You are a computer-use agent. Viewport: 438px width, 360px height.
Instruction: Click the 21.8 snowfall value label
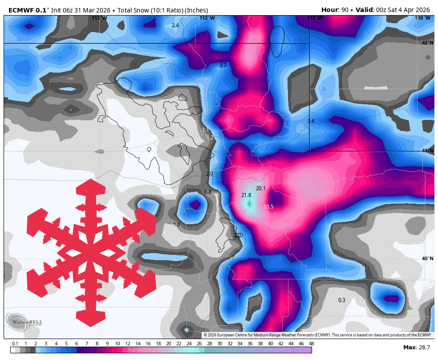(246, 195)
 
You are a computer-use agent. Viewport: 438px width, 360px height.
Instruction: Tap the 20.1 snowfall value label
(260, 188)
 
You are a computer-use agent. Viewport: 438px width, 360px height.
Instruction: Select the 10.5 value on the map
(268, 207)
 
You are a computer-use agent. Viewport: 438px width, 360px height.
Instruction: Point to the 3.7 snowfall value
(223, 65)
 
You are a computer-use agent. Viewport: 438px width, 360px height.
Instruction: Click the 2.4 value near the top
(175, 25)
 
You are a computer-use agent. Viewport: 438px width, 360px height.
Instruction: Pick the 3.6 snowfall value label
(311, 121)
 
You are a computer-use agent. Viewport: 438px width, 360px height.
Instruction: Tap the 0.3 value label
(341, 300)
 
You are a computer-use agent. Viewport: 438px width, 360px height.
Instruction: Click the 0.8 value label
(207, 192)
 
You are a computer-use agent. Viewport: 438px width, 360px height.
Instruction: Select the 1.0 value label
(177, 225)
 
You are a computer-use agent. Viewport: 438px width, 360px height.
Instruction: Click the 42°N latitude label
(427, 43)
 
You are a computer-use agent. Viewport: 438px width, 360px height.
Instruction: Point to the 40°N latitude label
(427, 259)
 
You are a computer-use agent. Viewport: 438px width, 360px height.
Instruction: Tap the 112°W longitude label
(207, 18)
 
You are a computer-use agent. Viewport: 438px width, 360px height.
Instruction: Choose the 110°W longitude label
(423, 18)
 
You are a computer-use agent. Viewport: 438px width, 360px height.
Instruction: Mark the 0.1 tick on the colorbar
(15, 344)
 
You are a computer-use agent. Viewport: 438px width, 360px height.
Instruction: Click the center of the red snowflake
(91, 253)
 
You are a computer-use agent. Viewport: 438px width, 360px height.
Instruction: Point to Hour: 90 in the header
(336, 10)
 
